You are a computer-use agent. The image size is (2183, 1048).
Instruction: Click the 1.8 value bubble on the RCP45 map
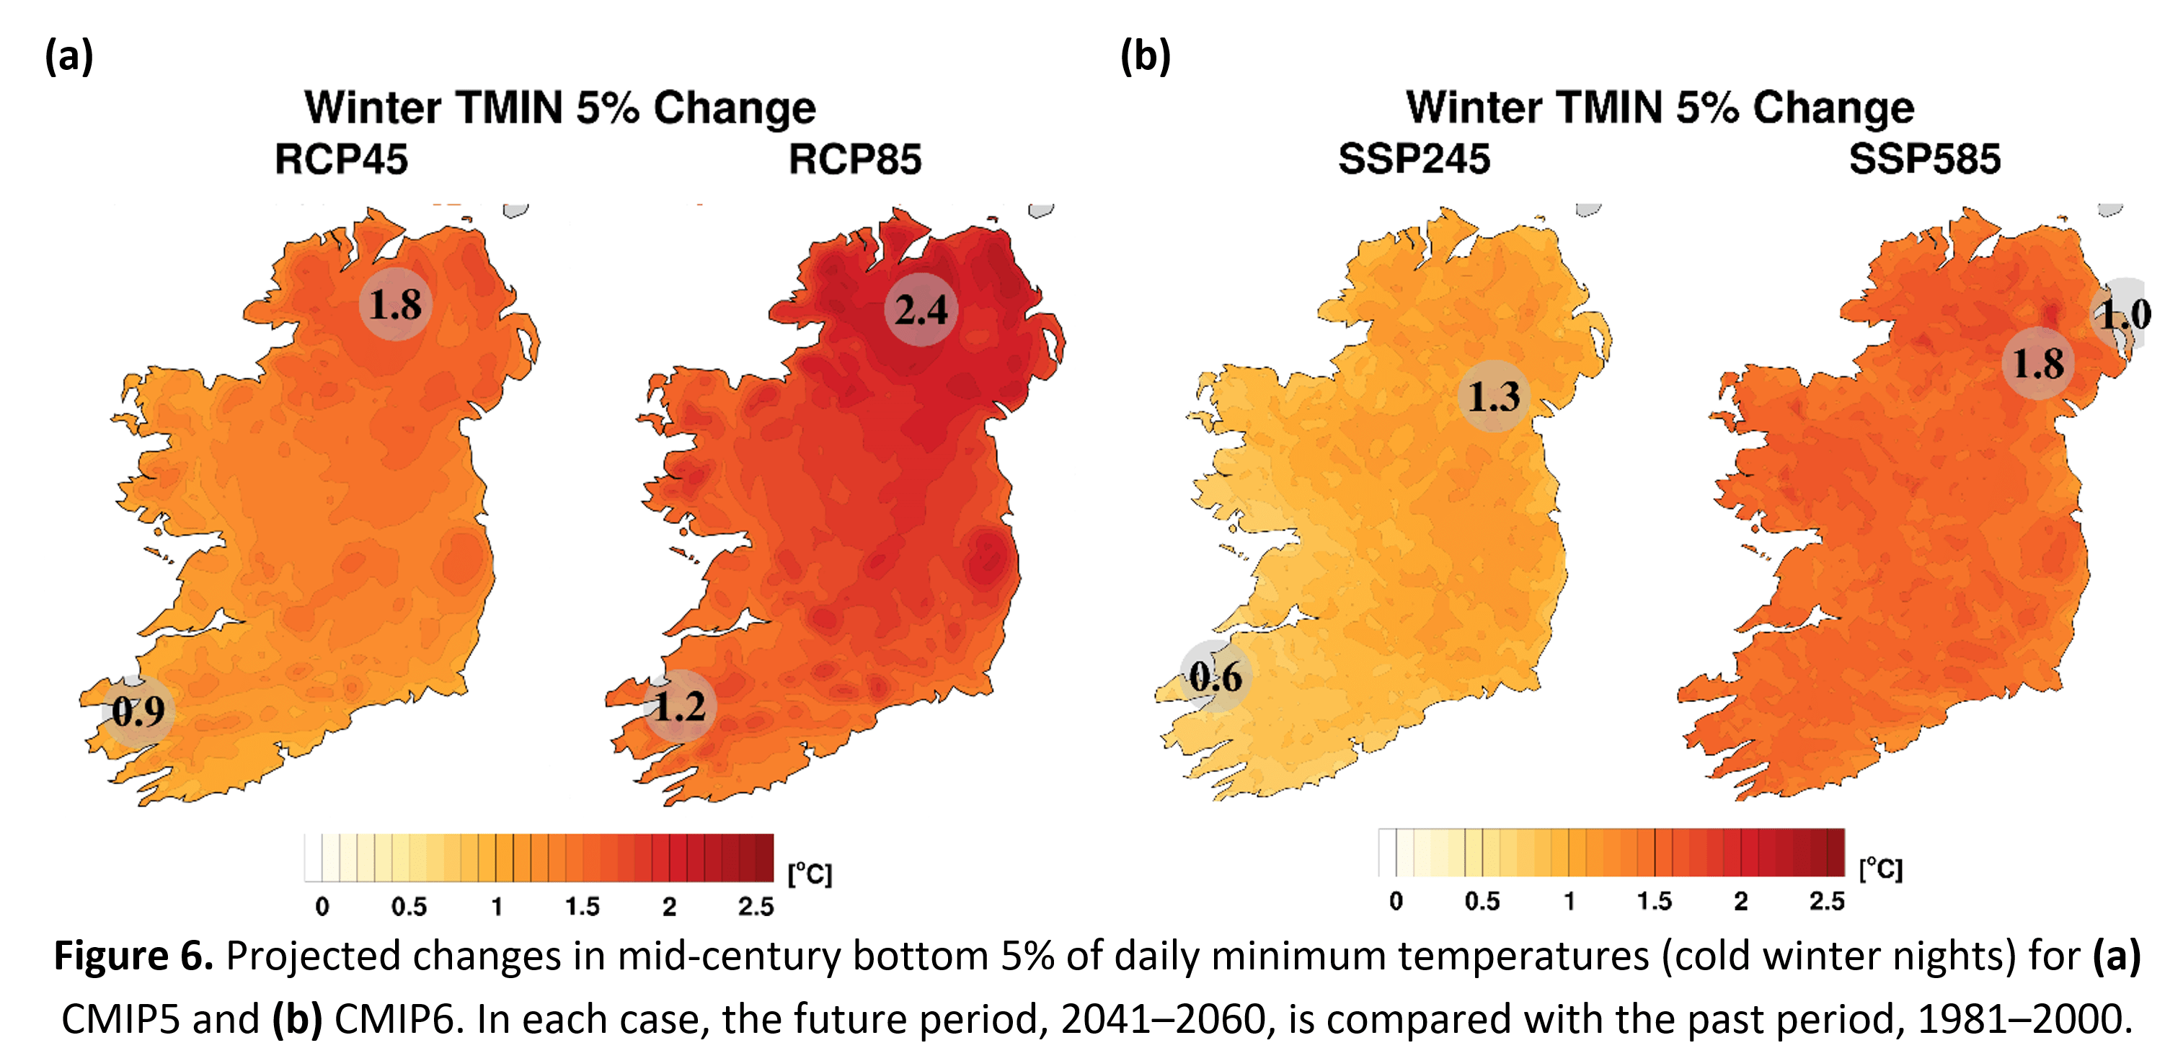pyautogui.click(x=395, y=303)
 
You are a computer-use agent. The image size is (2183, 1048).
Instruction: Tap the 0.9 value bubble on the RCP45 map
pyautogui.click(x=138, y=711)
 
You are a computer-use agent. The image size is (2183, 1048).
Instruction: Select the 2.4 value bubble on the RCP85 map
pyautogui.click(x=921, y=309)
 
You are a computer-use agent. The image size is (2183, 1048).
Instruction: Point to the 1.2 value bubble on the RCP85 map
pyautogui.click(x=680, y=706)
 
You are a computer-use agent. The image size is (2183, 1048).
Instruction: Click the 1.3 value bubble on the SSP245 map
pyautogui.click(x=1493, y=396)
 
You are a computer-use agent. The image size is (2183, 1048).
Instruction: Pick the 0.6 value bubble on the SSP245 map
pyautogui.click(x=1214, y=676)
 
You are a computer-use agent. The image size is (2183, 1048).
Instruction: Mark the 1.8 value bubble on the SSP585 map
pyautogui.click(x=2037, y=363)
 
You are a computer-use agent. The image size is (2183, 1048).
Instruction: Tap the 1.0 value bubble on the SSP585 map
pyautogui.click(x=2124, y=314)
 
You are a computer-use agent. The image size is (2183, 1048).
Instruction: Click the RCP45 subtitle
pyautogui.click(x=342, y=159)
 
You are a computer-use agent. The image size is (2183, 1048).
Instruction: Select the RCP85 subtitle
pyautogui.click(x=854, y=159)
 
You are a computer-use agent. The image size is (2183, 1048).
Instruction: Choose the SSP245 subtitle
pyautogui.click(x=1414, y=159)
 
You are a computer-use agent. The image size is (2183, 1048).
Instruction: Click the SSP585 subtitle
pyautogui.click(x=1923, y=159)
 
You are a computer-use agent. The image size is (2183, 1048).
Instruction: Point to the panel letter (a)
pyautogui.click(x=68, y=57)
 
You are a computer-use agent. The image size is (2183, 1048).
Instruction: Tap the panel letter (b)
pyautogui.click(x=1145, y=57)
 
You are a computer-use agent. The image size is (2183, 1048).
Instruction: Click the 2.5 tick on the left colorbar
pyautogui.click(x=755, y=907)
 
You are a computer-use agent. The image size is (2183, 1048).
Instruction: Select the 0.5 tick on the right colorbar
pyautogui.click(x=1482, y=900)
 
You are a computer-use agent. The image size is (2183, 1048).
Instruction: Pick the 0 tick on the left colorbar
pyautogui.click(x=322, y=907)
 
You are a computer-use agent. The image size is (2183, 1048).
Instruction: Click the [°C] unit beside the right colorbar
pyautogui.click(x=1880, y=869)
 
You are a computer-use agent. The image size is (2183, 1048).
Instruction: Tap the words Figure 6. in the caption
pyautogui.click(x=133, y=956)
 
